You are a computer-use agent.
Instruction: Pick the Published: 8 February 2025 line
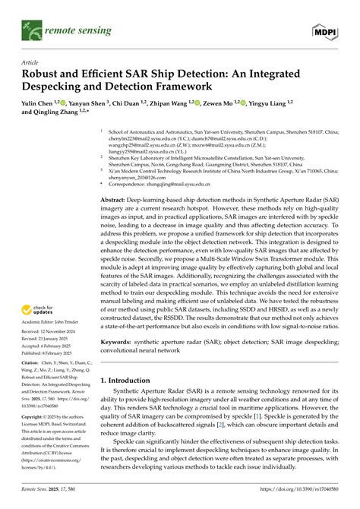[x=46, y=353]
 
